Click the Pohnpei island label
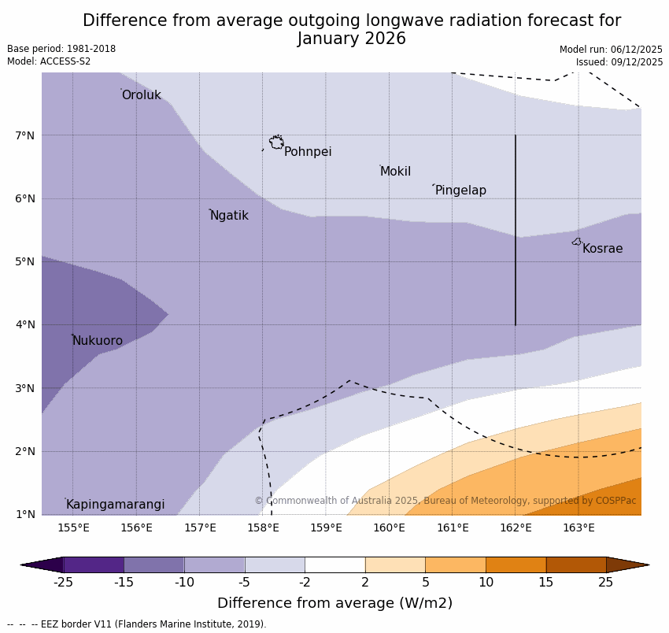tap(308, 152)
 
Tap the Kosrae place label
tap(602, 249)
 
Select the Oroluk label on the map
tap(142, 95)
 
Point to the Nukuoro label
tap(98, 341)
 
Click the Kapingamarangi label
tap(115, 505)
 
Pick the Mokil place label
tap(395, 172)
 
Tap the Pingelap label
tap(460, 191)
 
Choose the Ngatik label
tap(229, 216)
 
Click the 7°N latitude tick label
tap(25, 135)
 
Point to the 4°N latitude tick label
tap(25, 324)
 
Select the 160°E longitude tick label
tap(389, 527)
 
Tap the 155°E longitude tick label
tap(73, 527)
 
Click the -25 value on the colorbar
tap(63, 583)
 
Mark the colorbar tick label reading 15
tap(546, 583)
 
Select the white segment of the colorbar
tap(334, 565)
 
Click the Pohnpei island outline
tap(276, 143)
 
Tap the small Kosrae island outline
tap(577, 242)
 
